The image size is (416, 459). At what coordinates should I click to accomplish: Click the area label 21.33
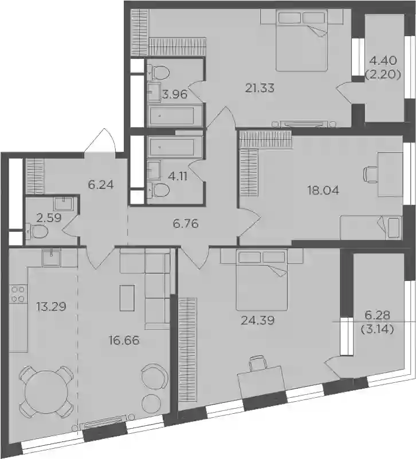click(260, 88)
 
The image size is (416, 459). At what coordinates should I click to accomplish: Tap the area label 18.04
click(323, 191)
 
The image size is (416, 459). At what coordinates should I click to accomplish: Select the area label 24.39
click(257, 320)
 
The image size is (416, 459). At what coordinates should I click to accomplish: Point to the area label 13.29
click(51, 307)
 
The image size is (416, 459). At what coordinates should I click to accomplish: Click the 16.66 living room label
click(124, 341)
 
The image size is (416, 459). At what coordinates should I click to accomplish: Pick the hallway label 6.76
click(186, 224)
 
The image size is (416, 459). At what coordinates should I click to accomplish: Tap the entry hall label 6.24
click(100, 185)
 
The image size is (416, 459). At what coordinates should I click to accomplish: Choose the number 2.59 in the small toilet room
click(49, 218)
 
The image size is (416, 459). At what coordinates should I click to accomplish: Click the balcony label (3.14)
click(377, 330)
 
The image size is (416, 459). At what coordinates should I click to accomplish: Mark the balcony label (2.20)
click(383, 75)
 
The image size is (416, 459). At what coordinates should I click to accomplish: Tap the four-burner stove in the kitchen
click(18, 294)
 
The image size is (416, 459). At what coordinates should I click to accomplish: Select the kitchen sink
click(52, 258)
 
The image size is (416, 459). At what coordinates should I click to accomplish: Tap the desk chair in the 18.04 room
click(370, 174)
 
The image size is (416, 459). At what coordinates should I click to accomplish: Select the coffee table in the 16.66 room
click(127, 298)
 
